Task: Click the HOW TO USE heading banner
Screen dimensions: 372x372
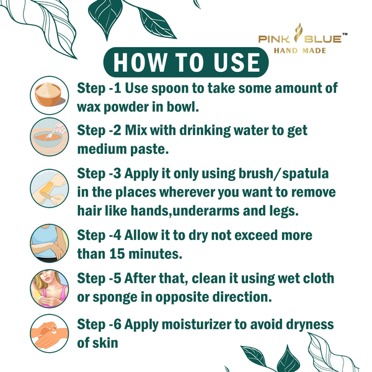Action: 186,62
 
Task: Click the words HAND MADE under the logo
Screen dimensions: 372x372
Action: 300,51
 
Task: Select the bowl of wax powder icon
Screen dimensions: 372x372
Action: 50,95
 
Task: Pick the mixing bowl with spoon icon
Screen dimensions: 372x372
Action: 50,137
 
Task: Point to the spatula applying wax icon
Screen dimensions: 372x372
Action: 50,188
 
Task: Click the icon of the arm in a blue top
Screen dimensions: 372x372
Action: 50,244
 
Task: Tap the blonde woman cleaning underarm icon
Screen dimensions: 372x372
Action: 50,288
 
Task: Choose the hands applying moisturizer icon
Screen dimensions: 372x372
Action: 50,334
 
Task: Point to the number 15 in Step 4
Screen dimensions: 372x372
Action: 117,254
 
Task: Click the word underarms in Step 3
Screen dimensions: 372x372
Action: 206,211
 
